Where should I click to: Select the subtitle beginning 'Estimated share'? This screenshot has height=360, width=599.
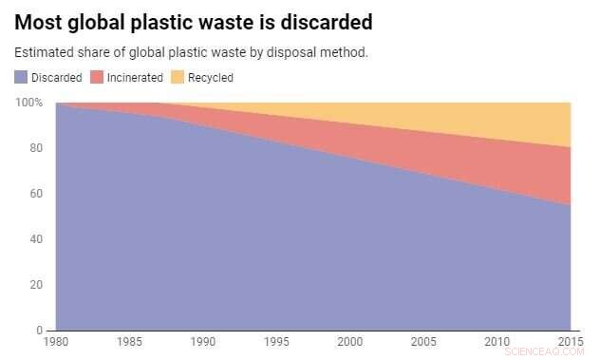click(x=191, y=51)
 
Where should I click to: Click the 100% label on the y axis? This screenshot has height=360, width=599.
click(x=28, y=103)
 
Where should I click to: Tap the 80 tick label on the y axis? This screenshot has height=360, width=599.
click(x=36, y=148)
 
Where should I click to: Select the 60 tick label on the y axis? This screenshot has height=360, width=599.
click(x=36, y=194)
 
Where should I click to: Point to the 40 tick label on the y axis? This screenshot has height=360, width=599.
click(x=36, y=239)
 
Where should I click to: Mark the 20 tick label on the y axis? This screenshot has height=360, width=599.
click(x=36, y=285)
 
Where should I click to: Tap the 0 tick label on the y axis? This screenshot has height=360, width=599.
click(x=39, y=331)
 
